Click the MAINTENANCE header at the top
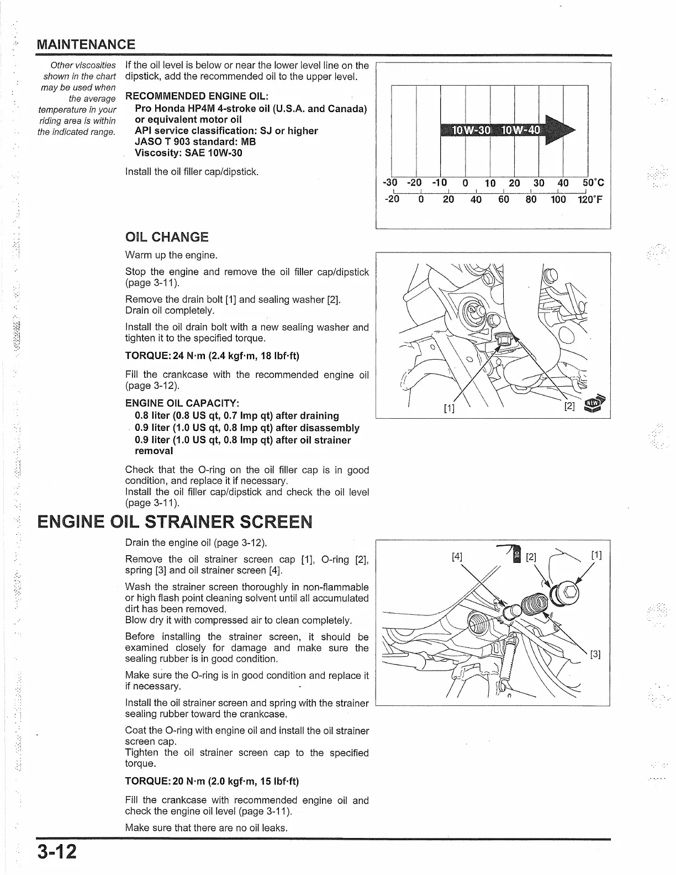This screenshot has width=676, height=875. point(85,44)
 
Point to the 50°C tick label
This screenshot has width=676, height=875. point(593,183)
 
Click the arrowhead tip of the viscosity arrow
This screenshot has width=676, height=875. point(573,130)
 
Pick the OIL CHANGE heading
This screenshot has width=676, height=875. point(167,238)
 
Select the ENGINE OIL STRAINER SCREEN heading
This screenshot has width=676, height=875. point(175,521)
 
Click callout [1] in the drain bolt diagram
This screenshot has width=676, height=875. point(449,408)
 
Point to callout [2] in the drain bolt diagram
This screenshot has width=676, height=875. point(570,406)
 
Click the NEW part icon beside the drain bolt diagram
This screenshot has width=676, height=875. point(595,404)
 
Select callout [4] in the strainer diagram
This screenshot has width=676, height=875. point(457,556)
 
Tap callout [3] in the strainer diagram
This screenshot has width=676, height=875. point(595,655)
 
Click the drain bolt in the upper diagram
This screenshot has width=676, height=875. point(502,338)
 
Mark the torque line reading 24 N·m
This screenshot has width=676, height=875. point(212,356)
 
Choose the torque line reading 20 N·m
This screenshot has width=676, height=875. point(212,782)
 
